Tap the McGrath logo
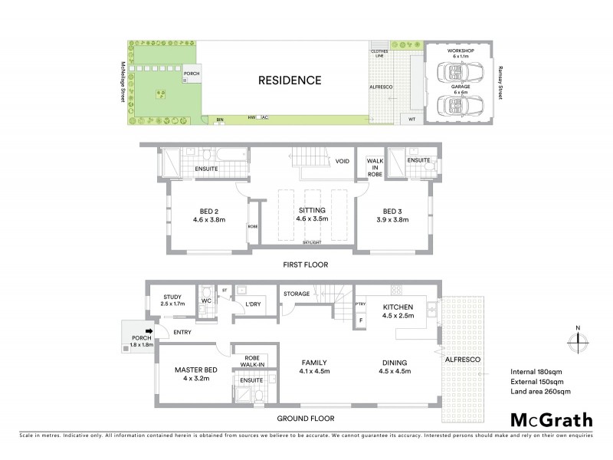[551, 419]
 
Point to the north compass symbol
[576, 337]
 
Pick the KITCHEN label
[398, 308]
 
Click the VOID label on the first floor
[343, 161]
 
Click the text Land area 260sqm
[540, 392]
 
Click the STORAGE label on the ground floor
[296, 293]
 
